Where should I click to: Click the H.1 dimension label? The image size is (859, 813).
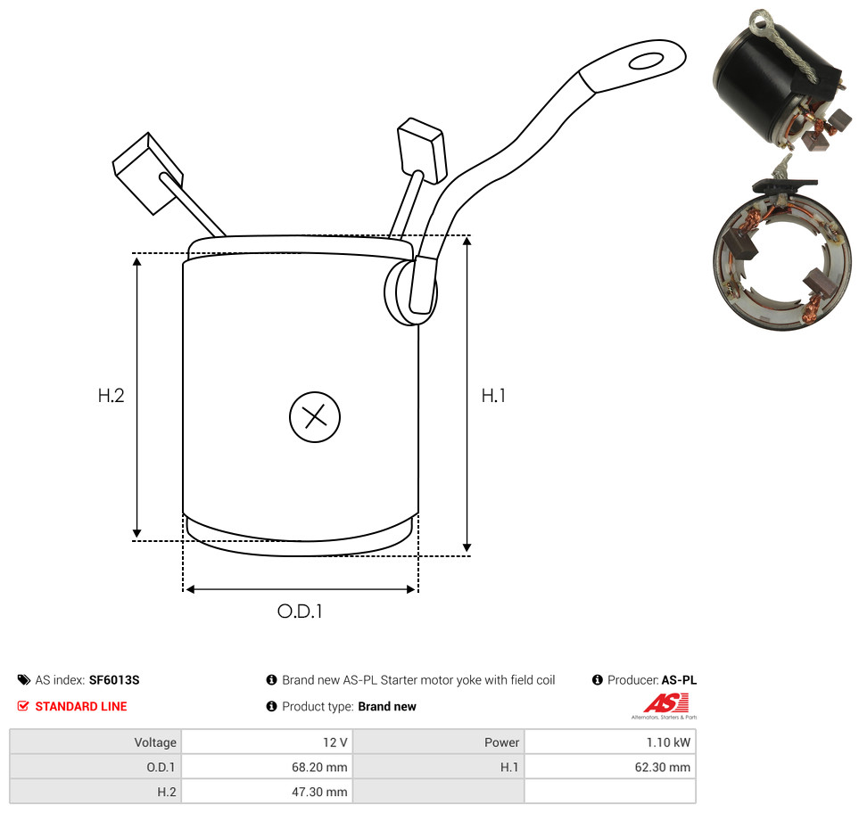point(493,395)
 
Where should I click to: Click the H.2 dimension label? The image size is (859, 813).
point(111,395)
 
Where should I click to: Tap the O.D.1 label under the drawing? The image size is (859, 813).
point(300,611)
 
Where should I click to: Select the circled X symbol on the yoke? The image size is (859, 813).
point(315,416)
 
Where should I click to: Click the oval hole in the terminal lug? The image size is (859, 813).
point(647,61)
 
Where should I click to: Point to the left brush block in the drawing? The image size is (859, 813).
point(147,173)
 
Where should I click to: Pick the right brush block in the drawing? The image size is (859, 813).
point(422,149)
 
